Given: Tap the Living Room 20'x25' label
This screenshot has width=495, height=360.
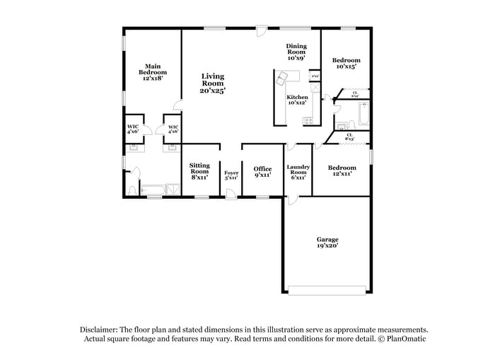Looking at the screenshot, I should point(212,83).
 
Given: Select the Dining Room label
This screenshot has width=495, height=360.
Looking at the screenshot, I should point(296,52).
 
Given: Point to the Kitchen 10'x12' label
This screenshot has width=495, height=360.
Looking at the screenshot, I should point(296,100).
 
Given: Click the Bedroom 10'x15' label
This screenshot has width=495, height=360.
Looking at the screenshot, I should point(346,64).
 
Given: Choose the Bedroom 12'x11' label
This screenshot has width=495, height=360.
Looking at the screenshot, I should point(342,170).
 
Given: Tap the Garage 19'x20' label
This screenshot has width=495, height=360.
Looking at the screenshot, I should point(327,243).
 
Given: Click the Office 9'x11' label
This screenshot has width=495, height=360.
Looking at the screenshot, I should point(262,171).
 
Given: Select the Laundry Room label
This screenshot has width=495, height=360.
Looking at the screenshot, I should point(298,170).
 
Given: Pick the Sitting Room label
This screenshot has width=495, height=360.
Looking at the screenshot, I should point(199,170).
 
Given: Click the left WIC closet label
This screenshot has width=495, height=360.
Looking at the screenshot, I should point(132,129).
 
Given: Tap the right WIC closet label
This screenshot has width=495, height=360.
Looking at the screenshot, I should point(173,129).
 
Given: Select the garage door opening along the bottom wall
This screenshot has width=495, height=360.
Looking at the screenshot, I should point(327,290).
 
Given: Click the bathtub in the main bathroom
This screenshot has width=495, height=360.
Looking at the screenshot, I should point(152,190).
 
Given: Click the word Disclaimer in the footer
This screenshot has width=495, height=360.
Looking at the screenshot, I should point(98,330).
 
